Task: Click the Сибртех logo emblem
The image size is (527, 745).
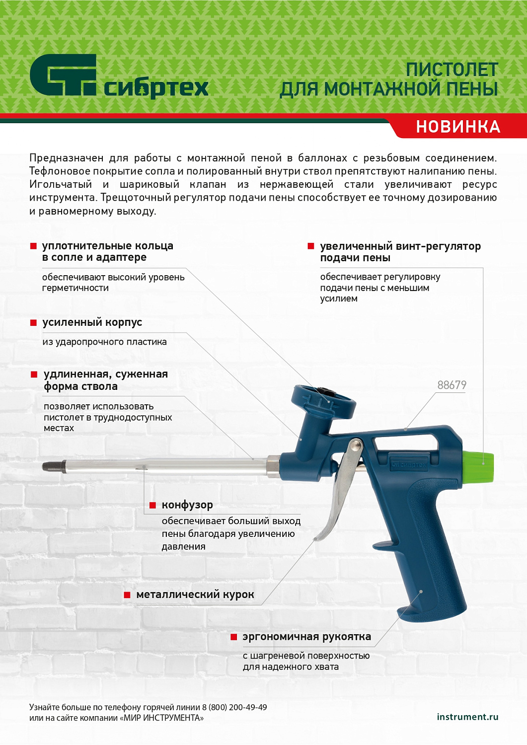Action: pyautogui.click(x=63, y=75)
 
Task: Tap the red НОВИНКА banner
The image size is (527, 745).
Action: pyautogui.click(x=457, y=127)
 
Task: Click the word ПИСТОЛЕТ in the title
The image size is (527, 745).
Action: pyautogui.click(x=452, y=70)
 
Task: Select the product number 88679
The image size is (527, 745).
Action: pyautogui.click(x=452, y=385)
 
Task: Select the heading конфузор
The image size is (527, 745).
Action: pyautogui.click(x=187, y=505)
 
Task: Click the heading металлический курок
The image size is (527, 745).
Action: pyautogui.click(x=195, y=595)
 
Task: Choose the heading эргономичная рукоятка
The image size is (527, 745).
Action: pyautogui.click(x=306, y=637)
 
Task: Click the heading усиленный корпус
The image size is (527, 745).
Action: pyautogui.click(x=92, y=322)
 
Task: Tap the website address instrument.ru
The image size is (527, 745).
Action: pyautogui.click(x=467, y=717)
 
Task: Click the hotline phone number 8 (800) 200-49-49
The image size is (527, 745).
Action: pyautogui.click(x=234, y=707)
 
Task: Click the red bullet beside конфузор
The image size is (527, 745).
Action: pyautogui.click(x=153, y=506)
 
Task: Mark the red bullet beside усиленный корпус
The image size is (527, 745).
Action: pyautogui.click(x=34, y=323)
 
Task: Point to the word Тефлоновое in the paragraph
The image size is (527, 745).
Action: pyautogui.click(x=54, y=171)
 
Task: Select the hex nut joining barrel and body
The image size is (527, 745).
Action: pyautogui.click(x=274, y=466)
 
